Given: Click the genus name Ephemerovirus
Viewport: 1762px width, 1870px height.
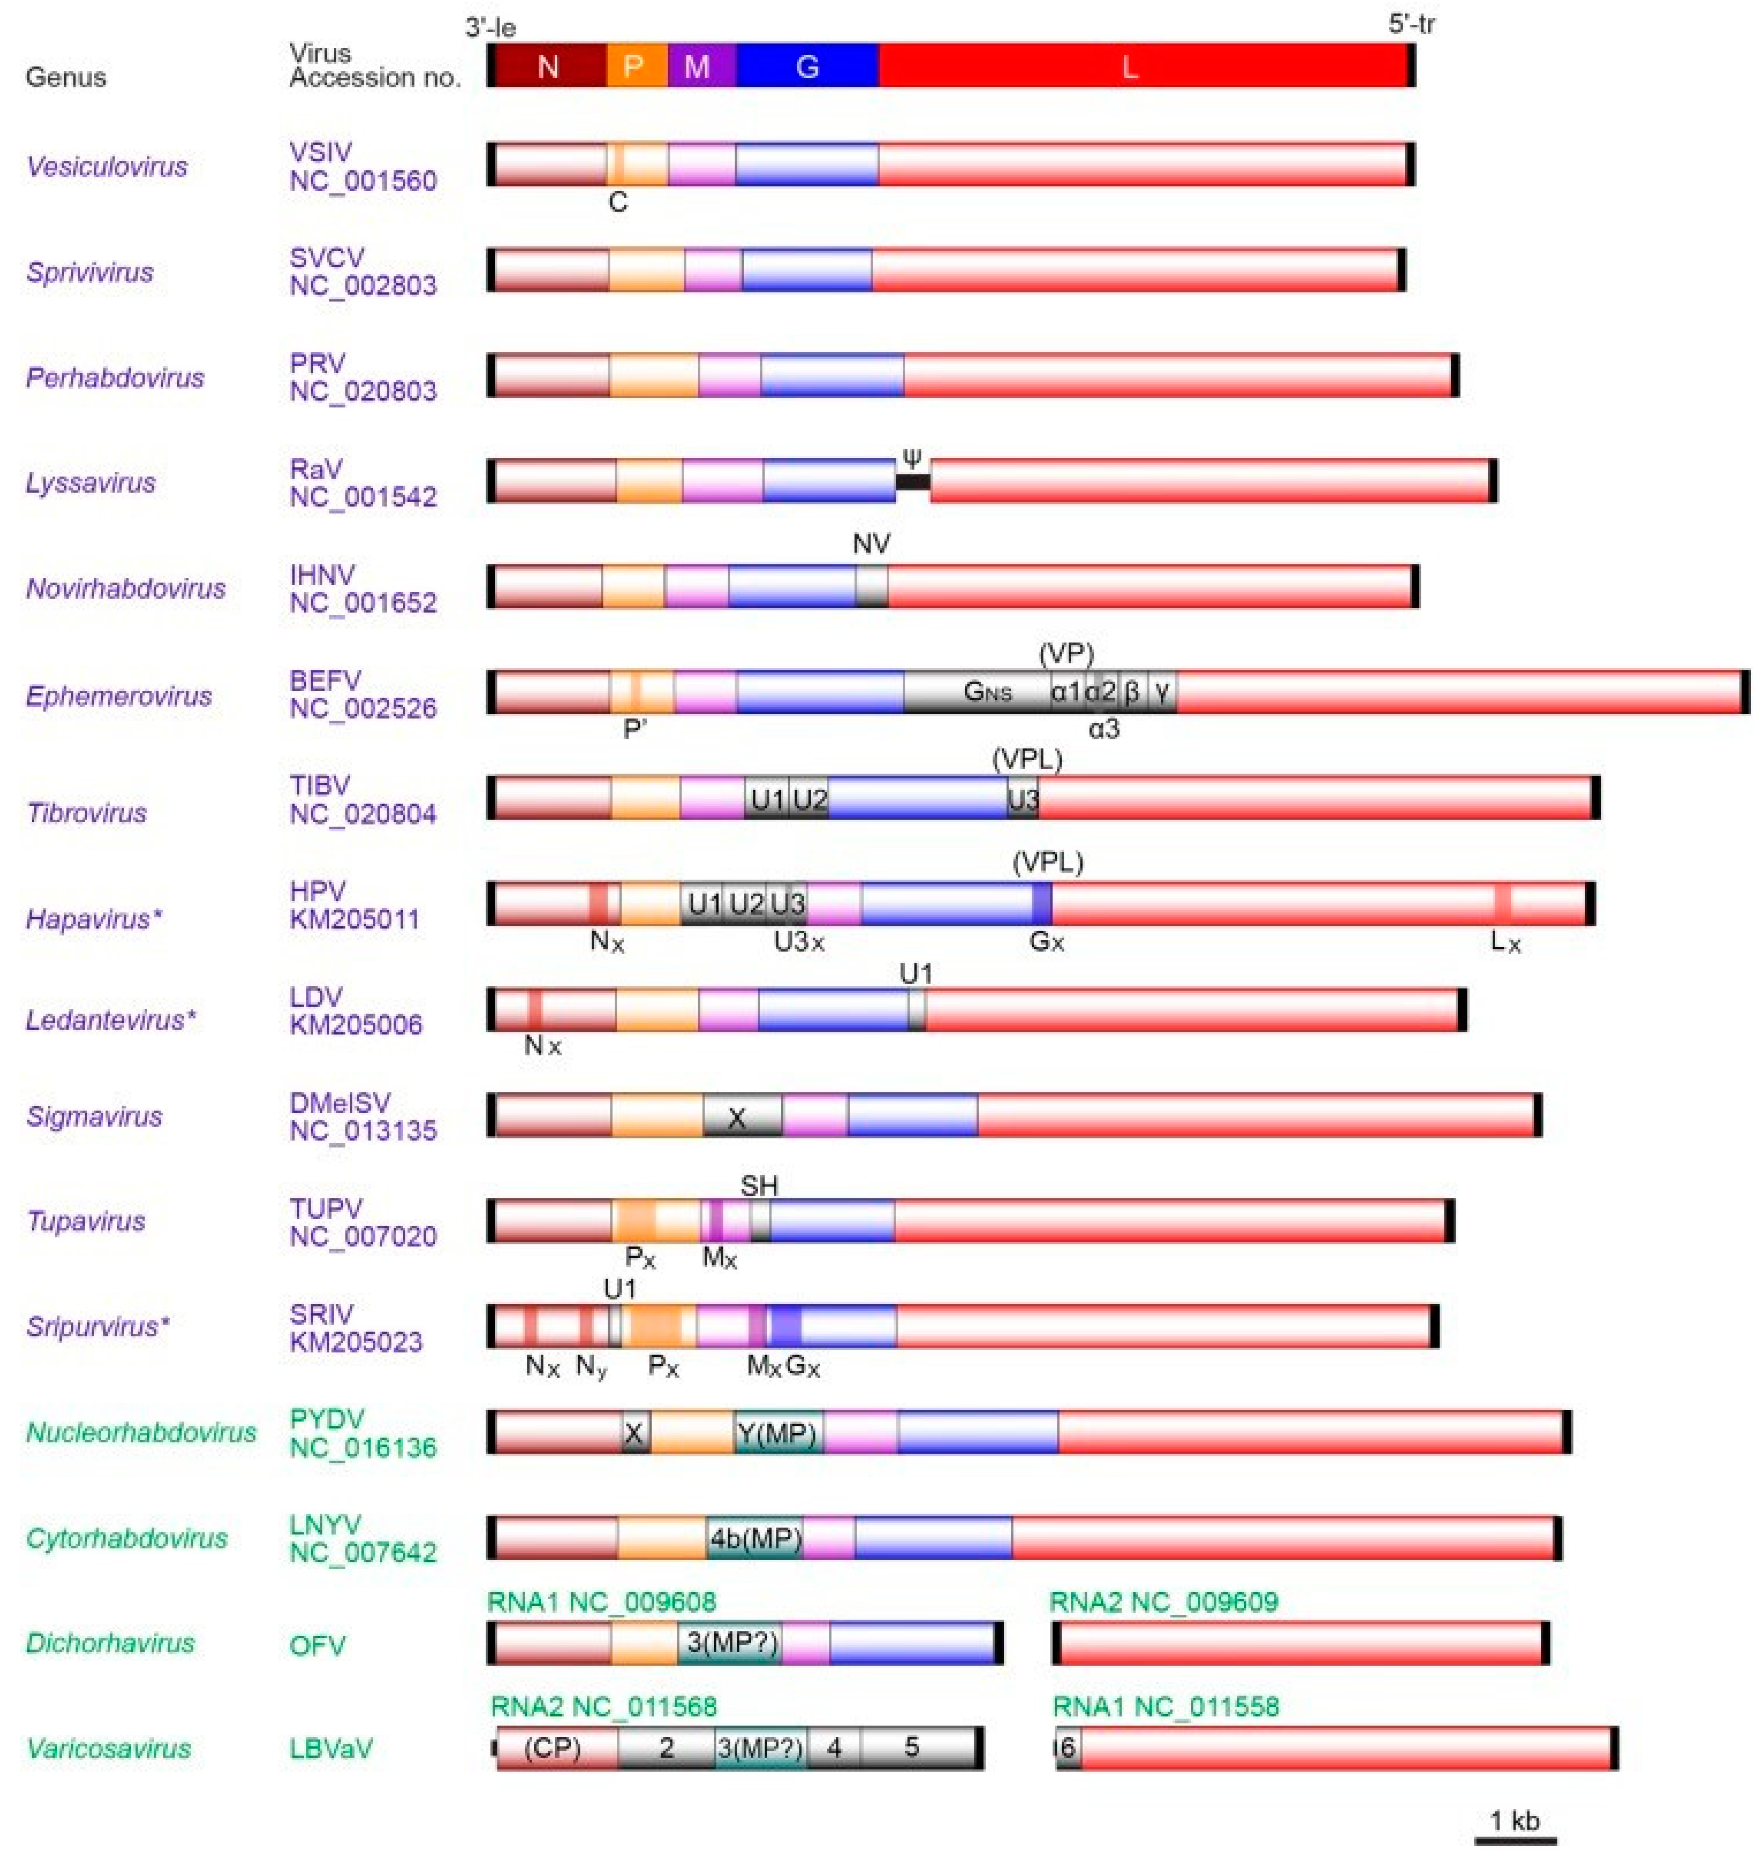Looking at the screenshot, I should tap(118, 696).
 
